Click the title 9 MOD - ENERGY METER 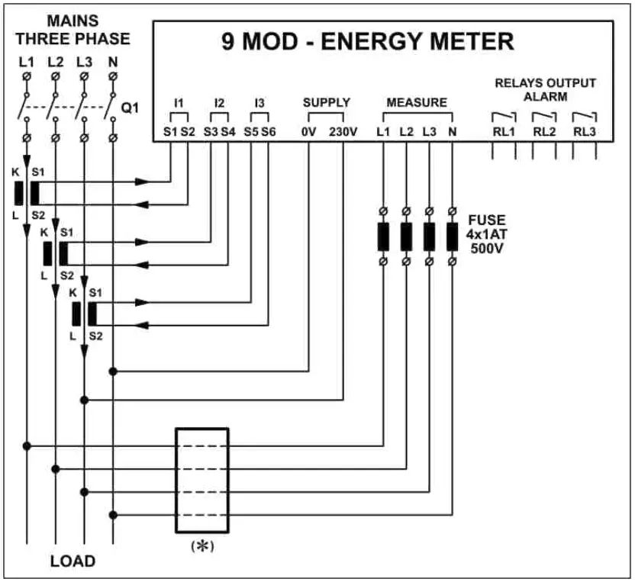(367, 41)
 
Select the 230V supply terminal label (343, 131)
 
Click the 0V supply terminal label (308, 131)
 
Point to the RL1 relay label (503, 131)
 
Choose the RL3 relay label (585, 131)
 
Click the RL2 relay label (544, 131)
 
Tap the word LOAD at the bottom (73, 561)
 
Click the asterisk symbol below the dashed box (202, 546)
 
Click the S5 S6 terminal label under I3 (260, 131)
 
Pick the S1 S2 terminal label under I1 (179, 131)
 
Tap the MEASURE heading (417, 102)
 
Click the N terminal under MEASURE (452, 131)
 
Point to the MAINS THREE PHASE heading (73, 31)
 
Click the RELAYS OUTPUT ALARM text (545, 89)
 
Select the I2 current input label (220, 102)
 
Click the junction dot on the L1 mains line (27, 445)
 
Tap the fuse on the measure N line (452, 236)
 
